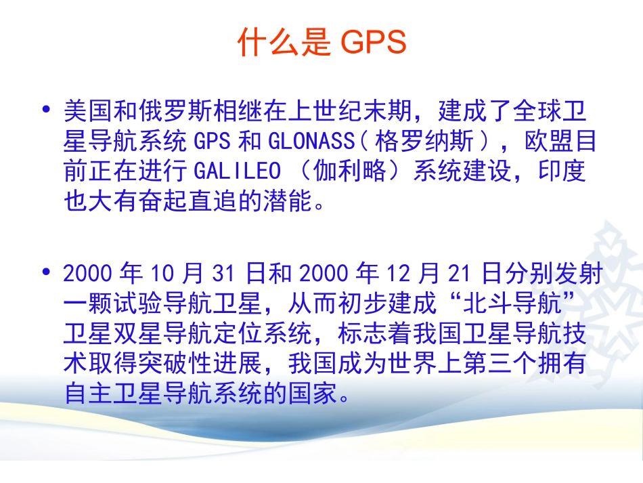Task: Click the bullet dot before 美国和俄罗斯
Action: pyautogui.click(x=46, y=109)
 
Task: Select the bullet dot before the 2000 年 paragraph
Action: pyautogui.click(x=46, y=273)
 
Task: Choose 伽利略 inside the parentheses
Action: pyautogui.click(x=349, y=171)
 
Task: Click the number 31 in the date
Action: pyautogui.click(x=223, y=274)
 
